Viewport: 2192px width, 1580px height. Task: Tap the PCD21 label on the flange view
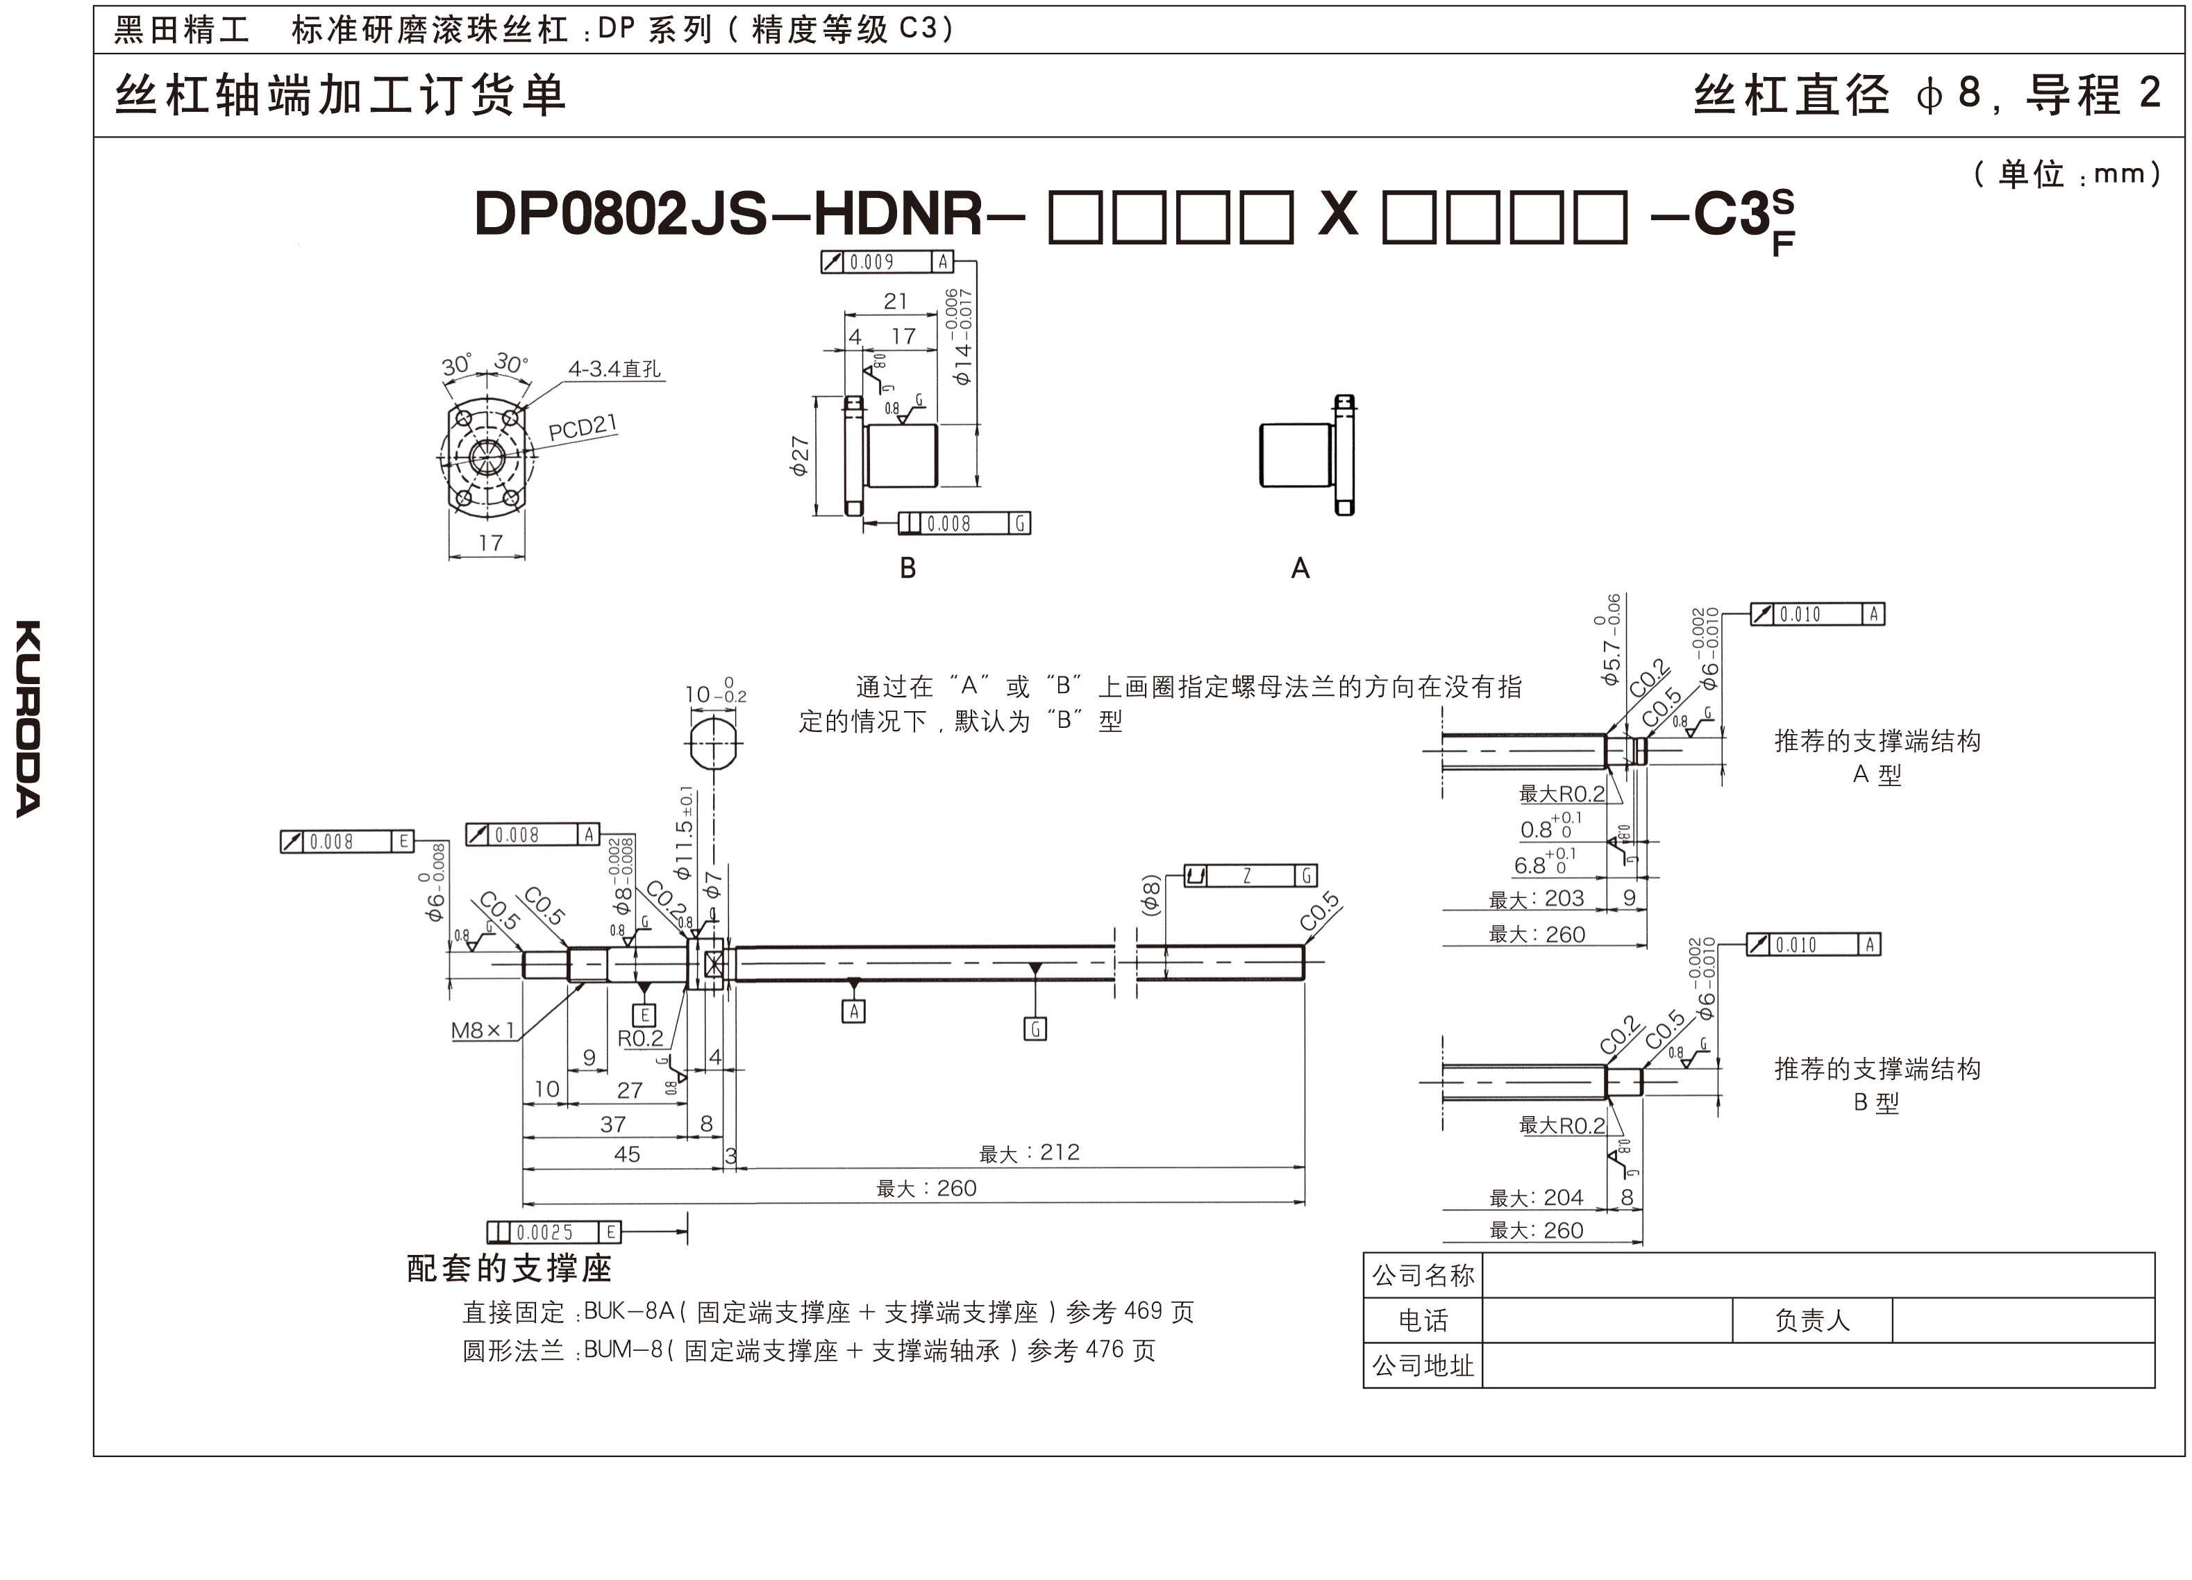(582, 426)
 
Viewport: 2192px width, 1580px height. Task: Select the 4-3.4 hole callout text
(614, 368)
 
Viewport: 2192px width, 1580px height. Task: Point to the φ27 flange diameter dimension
(799, 456)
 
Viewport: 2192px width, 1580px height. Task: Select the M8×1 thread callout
(483, 1031)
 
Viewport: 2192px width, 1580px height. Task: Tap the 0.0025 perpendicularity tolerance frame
(554, 1232)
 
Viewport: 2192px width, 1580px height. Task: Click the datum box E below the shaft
(643, 1015)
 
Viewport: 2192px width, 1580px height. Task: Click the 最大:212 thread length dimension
(1029, 1153)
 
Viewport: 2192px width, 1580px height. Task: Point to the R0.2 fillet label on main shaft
(639, 1038)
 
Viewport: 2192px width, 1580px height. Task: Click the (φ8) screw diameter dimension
(1150, 895)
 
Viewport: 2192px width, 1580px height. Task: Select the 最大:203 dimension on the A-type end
(1537, 898)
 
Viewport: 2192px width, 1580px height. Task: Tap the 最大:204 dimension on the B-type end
(1537, 1198)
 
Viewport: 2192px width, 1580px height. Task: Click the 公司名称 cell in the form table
(1423, 1275)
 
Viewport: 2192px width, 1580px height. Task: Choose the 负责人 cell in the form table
(1812, 1320)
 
